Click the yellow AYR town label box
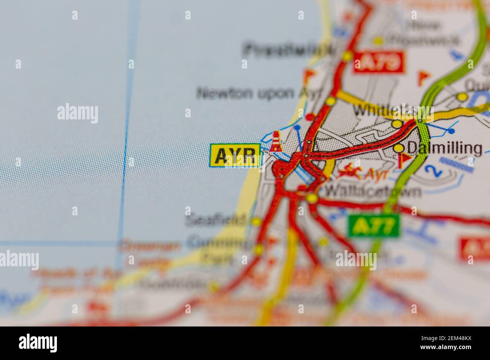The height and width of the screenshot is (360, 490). point(235,156)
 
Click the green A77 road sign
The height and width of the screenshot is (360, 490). point(374,226)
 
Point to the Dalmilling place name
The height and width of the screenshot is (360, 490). point(445,149)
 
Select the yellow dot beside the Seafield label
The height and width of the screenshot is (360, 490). point(256,221)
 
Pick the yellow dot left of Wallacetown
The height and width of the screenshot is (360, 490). point(311,198)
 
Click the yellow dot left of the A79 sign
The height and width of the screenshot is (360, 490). point(347,56)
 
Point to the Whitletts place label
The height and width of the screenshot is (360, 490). point(384,111)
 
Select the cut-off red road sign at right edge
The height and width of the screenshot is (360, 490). point(475,248)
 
